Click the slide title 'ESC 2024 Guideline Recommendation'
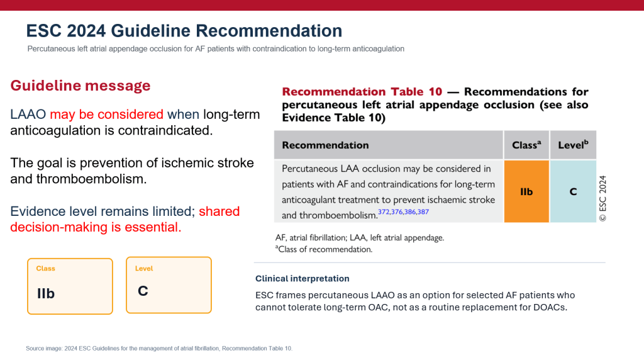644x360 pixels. click(184, 31)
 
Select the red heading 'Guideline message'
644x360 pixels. click(80, 86)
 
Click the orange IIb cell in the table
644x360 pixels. click(526, 191)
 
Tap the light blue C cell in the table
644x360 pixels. click(573, 191)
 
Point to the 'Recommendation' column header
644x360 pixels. click(325, 145)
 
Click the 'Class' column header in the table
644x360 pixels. click(526, 145)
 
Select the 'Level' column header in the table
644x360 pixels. click(573, 145)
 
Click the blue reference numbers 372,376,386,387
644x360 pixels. click(403, 212)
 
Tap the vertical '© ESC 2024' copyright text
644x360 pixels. click(602, 198)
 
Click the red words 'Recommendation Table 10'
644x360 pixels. click(362, 92)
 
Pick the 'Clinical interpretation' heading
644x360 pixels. click(303, 279)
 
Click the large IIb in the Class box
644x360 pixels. click(45, 293)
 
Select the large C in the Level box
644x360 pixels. click(143, 291)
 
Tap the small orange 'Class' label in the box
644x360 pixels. click(45, 268)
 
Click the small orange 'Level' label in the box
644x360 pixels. click(144, 268)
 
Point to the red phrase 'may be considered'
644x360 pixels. click(106, 115)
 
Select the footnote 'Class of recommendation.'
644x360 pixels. click(324, 249)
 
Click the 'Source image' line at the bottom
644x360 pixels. click(159, 349)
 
